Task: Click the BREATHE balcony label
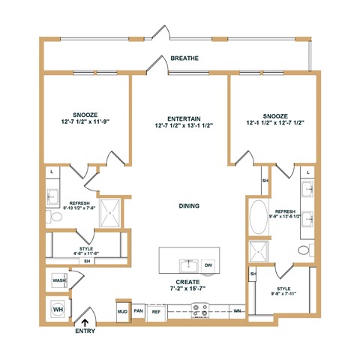[184, 58]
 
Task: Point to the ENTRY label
[85, 330]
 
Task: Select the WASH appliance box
[58, 281]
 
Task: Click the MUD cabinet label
[121, 310]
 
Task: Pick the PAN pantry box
[139, 310]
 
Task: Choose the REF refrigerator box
[157, 310]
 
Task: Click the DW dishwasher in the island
[208, 265]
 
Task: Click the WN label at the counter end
[237, 310]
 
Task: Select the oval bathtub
[257, 217]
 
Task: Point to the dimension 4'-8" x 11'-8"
[84, 253]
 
